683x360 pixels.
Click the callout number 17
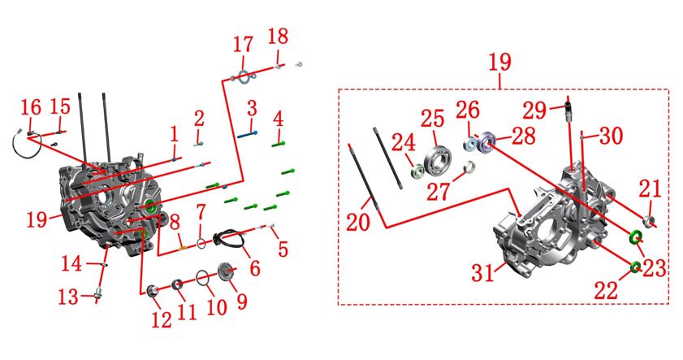[243, 45]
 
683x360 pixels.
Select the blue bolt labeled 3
[247, 135]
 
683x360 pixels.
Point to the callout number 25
[433, 119]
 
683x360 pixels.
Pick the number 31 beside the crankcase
[482, 273]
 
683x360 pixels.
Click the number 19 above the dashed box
[499, 63]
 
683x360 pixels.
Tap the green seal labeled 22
[635, 267]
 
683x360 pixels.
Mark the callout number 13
[68, 297]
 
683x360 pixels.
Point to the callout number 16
[31, 107]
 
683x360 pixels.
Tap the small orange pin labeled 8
[184, 248]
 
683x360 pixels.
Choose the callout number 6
[255, 267]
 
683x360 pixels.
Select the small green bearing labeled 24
[417, 170]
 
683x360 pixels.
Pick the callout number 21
[650, 189]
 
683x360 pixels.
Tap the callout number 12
[162, 320]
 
